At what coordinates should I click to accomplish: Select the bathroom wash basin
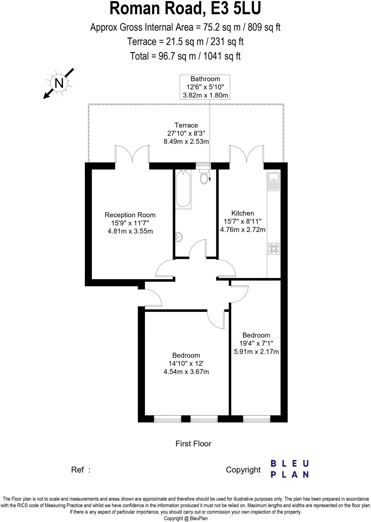point(179,237)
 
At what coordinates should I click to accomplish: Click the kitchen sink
point(274,181)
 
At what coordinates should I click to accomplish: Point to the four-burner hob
point(274,249)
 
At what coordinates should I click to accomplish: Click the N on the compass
point(59,83)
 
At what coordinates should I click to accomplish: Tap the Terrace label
point(186,125)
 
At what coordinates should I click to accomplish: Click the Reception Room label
point(130,215)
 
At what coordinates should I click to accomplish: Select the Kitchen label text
point(243,213)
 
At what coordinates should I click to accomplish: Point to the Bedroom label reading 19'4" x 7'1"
point(256,335)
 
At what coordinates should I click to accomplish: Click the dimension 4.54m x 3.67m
point(186,372)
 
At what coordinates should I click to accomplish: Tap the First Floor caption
point(193,444)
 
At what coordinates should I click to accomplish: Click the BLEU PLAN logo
point(289,469)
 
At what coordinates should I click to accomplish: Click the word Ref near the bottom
point(77,470)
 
